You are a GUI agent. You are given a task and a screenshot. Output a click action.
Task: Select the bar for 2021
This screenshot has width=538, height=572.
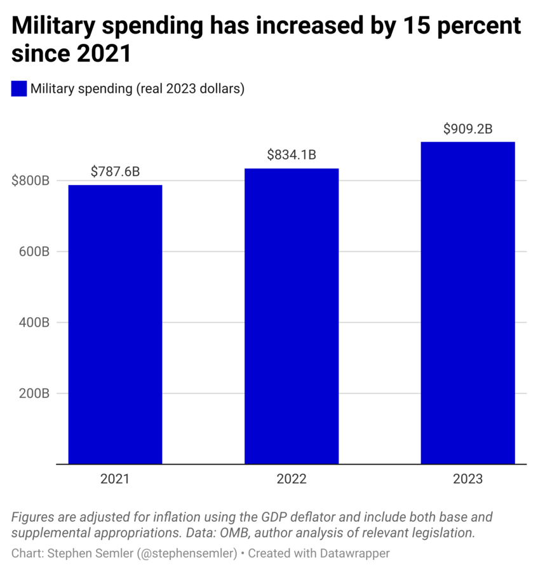[115, 324]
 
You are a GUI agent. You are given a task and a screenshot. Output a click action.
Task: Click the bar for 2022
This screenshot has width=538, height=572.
[292, 316]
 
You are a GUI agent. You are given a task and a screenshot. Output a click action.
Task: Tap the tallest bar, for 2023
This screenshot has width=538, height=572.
[467, 303]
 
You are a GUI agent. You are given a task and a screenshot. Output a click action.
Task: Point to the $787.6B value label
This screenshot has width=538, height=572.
[115, 172]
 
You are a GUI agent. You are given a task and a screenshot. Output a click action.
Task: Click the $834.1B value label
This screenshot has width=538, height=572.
[292, 154]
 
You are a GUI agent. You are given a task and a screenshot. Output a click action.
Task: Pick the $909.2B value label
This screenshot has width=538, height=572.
[467, 128]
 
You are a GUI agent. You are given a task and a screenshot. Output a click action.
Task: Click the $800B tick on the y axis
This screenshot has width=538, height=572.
[30, 180]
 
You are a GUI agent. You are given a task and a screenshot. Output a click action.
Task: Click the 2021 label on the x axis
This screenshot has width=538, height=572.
[115, 479]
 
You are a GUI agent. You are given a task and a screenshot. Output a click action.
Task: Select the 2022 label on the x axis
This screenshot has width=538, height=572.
[292, 479]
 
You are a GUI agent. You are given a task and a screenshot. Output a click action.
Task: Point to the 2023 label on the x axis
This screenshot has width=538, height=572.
[467, 479]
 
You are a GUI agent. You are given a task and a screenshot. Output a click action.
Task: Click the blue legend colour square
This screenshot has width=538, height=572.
[19, 89]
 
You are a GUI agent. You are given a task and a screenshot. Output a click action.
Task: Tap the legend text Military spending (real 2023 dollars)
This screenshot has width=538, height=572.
[138, 89]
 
